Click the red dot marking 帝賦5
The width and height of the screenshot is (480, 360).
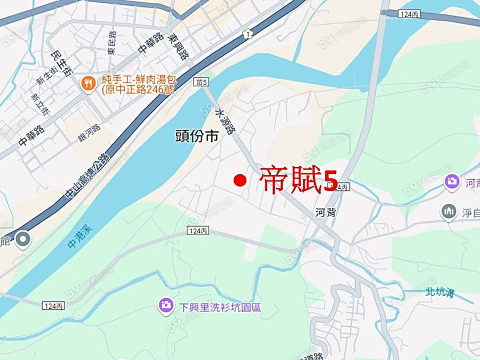click(240, 181)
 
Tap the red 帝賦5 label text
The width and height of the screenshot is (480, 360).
click(299, 181)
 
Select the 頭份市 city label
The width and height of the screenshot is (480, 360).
click(197, 137)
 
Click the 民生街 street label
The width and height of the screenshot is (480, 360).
click(59, 63)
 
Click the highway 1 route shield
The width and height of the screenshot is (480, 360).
click(246, 34)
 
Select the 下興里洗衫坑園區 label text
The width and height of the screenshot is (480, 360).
click(220, 307)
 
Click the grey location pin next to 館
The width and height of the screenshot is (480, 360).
click(23, 240)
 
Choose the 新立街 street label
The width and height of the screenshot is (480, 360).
click(39, 104)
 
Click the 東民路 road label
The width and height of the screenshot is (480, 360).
click(111, 45)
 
